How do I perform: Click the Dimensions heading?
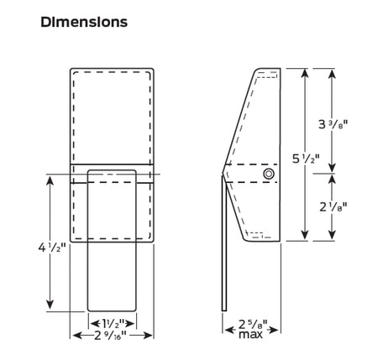[x=84, y=22]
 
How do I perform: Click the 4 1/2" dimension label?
[x=52, y=248]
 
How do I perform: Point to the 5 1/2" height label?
[x=306, y=159]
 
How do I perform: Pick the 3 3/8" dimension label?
[x=333, y=124]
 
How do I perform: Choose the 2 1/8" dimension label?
[x=333, y=207]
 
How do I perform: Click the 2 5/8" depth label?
[x=253, y=324]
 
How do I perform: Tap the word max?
[x=250, y=334]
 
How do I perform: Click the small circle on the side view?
[x=269, y=174]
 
